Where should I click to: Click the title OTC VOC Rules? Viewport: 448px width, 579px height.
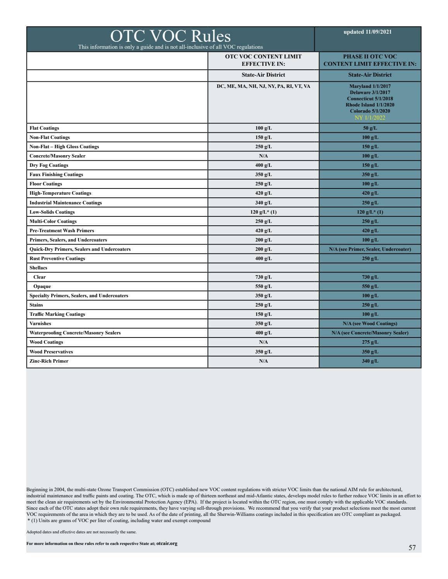click(x=170, y=36)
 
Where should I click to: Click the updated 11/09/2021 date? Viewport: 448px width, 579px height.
click(x=367, y=32)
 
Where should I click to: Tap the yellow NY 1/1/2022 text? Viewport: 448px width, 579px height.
click(x=370, y=118)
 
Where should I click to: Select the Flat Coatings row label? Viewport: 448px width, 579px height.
click(x=44, y=128)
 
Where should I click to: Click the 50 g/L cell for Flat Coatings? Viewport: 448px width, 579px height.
click(x=370, y=128)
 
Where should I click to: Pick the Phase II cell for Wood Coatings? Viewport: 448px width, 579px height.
click(x=370, y=342)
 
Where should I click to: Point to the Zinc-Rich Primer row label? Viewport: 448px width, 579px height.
click(x=49, y=361)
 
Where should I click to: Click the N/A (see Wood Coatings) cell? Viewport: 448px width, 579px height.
click(x=370, y=324)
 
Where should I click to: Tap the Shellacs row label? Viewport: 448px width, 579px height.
click(x=38, y=268)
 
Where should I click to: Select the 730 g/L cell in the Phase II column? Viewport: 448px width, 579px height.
click(x=370, y=277)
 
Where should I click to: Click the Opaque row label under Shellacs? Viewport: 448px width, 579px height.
click(x=42, y=286)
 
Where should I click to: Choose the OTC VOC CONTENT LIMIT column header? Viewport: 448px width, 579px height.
click(x=263, y=60)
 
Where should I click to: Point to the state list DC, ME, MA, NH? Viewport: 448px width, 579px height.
click(x=263, y=86)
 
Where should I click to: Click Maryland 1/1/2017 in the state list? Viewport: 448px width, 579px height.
click(x=370, y=86)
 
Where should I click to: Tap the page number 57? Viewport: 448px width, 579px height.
click(x=412, y=548)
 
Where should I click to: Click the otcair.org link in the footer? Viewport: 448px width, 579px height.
click(x=167, y=543)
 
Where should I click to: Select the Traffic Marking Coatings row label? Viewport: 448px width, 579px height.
click(x=57, y=314)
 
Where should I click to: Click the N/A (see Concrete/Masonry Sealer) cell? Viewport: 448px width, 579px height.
click(x=370, y=333)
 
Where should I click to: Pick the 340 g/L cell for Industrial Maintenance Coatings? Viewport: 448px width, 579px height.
click(x=263, y=203)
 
